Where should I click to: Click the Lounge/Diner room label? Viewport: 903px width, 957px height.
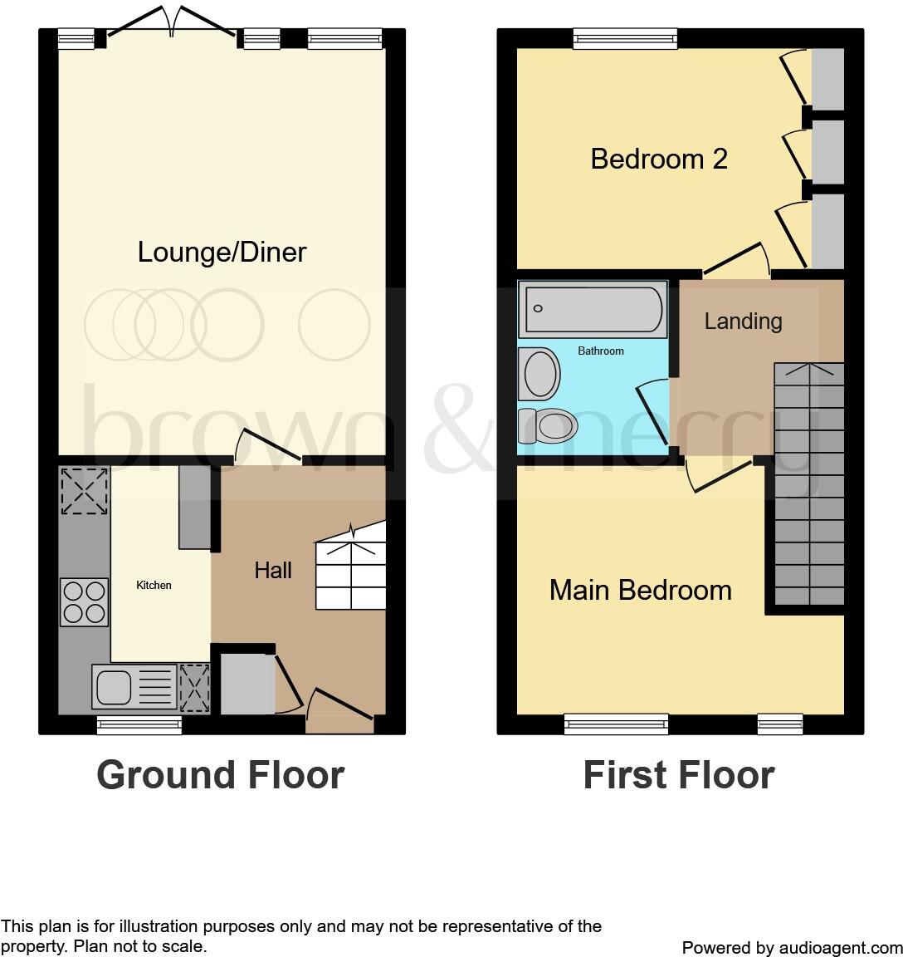222,252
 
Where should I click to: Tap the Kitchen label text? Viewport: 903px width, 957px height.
154,586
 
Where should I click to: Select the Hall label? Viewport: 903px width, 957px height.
273,570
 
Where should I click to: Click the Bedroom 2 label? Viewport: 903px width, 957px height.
659,159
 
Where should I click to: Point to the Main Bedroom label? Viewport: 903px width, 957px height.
640,590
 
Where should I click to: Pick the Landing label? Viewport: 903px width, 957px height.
743,321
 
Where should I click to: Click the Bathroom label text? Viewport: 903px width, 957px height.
600,351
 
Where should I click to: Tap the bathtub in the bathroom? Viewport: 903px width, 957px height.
593,309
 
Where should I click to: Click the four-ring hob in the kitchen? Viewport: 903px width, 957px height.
84,601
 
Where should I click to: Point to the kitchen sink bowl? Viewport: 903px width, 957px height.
114,687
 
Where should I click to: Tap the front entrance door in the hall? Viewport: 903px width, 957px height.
340,708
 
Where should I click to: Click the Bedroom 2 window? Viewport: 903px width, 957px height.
625,37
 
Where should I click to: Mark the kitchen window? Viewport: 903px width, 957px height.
139,725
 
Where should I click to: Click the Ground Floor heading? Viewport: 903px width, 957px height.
220,775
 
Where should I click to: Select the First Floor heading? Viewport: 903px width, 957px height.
678,775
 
